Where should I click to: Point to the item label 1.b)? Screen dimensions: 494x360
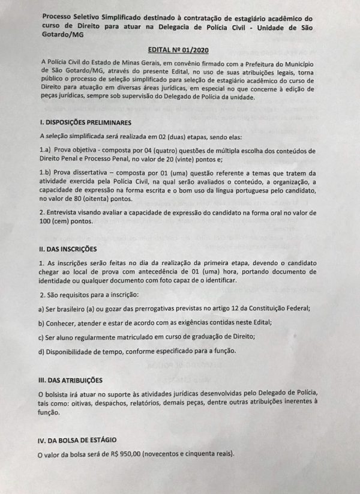46,172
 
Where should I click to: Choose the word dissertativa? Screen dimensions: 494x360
100,172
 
